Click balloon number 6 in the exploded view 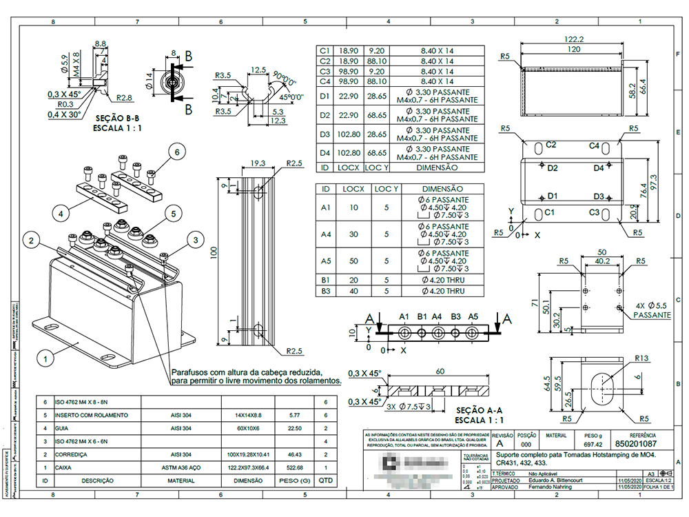(176, 152)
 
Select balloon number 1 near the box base (44, 358)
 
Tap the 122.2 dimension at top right (573, 39)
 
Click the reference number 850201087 (635, 445)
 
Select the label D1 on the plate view (551, 196)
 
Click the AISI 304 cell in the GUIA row (181, 427)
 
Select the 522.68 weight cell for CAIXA (295, 467)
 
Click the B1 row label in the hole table (326, 281)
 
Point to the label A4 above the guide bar (437, 317)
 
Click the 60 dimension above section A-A (439, 372)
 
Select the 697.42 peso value (594, 445)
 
